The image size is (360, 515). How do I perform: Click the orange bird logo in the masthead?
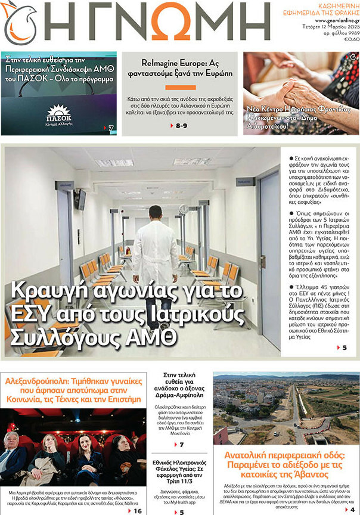coord(20,23)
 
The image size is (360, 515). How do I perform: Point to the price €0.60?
coord(351,39)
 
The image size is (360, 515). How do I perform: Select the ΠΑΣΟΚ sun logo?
coord(59,112)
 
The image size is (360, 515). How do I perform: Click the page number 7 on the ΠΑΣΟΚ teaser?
coord(111,128)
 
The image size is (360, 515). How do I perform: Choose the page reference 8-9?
coord(181,126)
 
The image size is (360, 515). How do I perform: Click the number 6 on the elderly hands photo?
coord(353,57)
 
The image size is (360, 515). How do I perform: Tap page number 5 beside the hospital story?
coord(353,348)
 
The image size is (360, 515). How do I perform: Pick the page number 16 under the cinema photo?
coord(137,511)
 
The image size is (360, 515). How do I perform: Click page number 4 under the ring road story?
coord(353,510)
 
